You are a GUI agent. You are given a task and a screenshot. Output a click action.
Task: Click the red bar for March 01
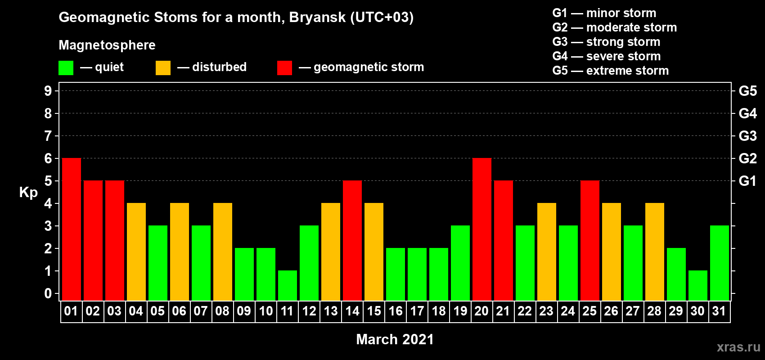(72, 229)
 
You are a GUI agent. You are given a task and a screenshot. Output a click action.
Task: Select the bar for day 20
(482, 229)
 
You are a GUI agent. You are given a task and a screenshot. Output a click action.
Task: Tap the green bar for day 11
(288, 286)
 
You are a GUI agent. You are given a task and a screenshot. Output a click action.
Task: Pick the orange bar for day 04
(136, 252)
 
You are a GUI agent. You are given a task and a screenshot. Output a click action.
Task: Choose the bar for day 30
(697, 286)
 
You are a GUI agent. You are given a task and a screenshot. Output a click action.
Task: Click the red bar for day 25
(590, 240)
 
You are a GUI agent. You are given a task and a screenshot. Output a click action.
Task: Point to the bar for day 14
(352, 240)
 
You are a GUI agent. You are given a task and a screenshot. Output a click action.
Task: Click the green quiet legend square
(66, 67)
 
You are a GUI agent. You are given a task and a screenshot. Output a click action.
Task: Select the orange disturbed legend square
(163, 67)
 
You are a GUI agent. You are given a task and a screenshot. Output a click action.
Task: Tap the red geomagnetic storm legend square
(284, 67)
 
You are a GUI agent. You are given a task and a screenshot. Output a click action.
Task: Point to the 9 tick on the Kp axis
(48, 91)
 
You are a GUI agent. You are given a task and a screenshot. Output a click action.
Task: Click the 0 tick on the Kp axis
(48, 293)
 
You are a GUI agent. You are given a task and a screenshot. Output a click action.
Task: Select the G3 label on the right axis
(747, 136)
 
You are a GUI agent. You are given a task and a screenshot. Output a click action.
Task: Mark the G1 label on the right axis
(747, 181)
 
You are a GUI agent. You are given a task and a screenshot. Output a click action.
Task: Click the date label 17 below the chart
(417, 311)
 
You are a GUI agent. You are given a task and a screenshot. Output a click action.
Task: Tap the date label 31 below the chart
(719, 311)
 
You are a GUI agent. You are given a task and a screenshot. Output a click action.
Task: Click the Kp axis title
(28, 193)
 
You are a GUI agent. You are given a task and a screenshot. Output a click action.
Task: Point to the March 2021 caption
(395, 339)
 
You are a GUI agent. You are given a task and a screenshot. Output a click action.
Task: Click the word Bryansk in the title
(317, 18)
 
